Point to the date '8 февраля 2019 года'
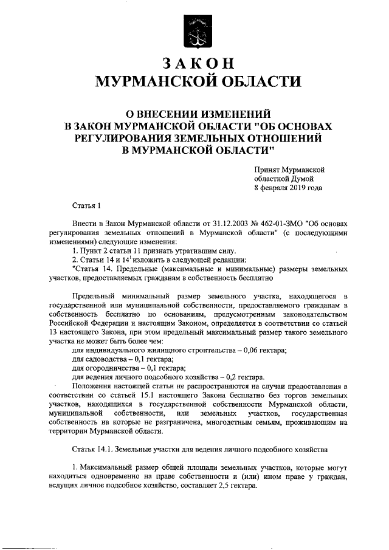pyautogui.click(x=288, y=188)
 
